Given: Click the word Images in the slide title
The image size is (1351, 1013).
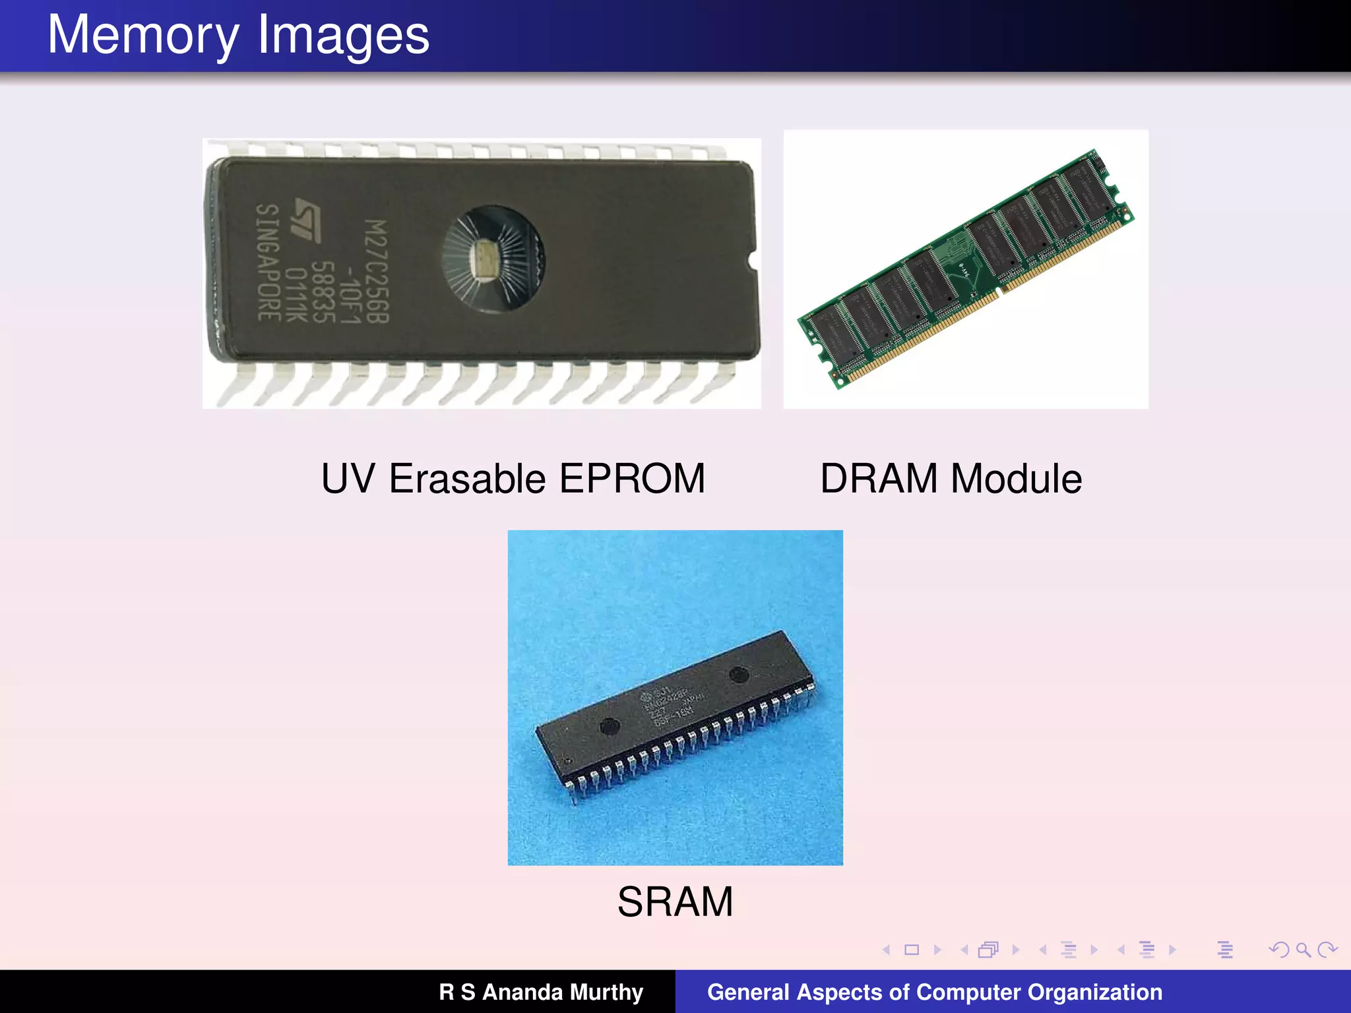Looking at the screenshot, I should [343, 36].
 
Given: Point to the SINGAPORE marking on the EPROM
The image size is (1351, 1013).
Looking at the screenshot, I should [268, 262].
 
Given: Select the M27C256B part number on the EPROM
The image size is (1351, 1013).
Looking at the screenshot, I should [377, 271].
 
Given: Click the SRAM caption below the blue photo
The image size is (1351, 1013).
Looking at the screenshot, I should [675, 902].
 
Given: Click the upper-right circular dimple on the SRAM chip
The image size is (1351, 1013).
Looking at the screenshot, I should [738, 675].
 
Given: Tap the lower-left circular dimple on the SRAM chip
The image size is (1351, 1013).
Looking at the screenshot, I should [610, 726].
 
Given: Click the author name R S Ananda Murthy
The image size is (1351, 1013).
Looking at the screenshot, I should [541, 992].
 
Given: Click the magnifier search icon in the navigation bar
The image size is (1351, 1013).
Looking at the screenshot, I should [1303, 950].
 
